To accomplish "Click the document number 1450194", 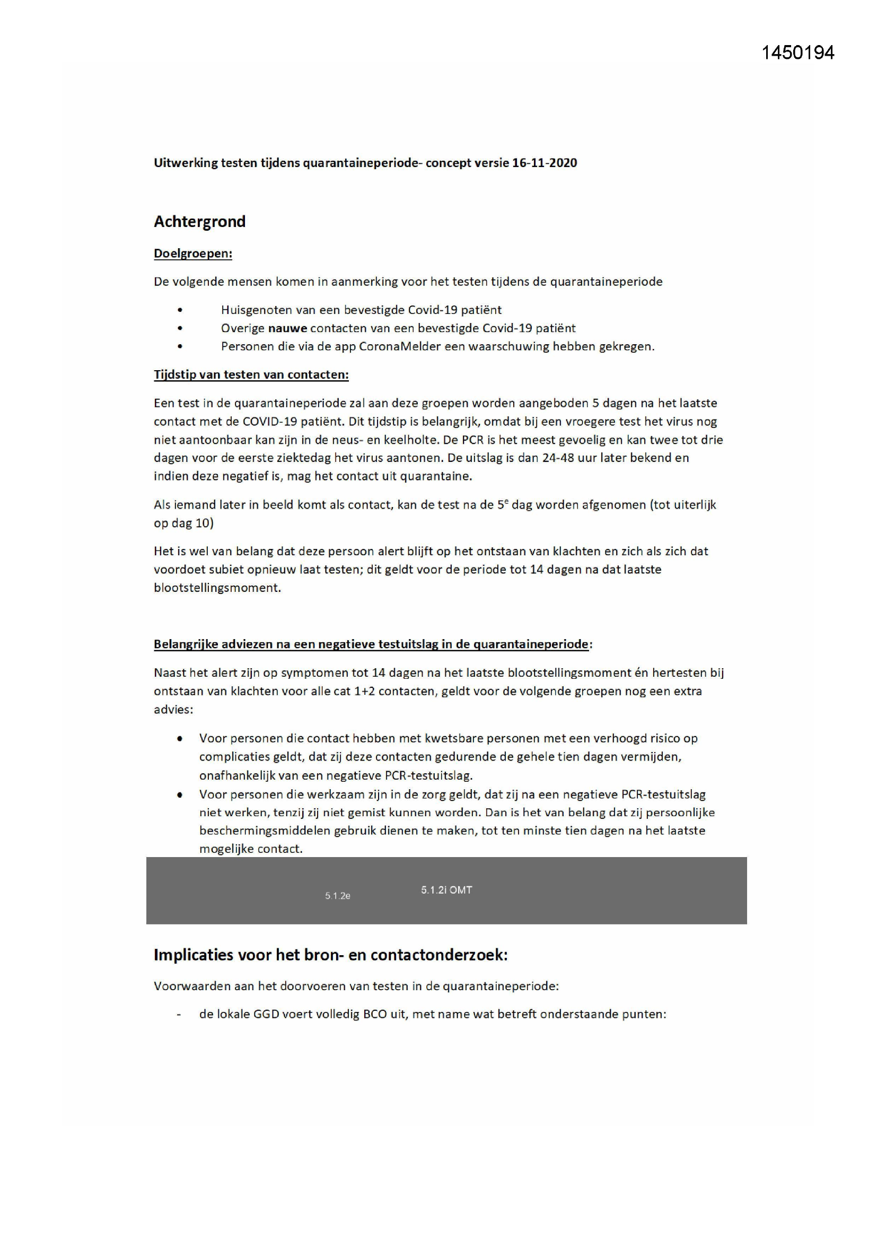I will tap(797, 53).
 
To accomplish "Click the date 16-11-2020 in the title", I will tap(544, 163).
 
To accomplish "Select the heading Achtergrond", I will tap(199, 222).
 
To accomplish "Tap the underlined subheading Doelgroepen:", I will tap(193, 254).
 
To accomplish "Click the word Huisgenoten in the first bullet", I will tap(253, 309).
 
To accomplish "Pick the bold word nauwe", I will tap(287, 328).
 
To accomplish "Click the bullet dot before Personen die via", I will tap(180, 346).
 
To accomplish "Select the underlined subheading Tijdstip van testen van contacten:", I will tap(251, 374).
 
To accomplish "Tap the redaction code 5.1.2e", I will tap(338, 895).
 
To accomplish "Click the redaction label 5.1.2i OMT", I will tap(446, 889).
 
